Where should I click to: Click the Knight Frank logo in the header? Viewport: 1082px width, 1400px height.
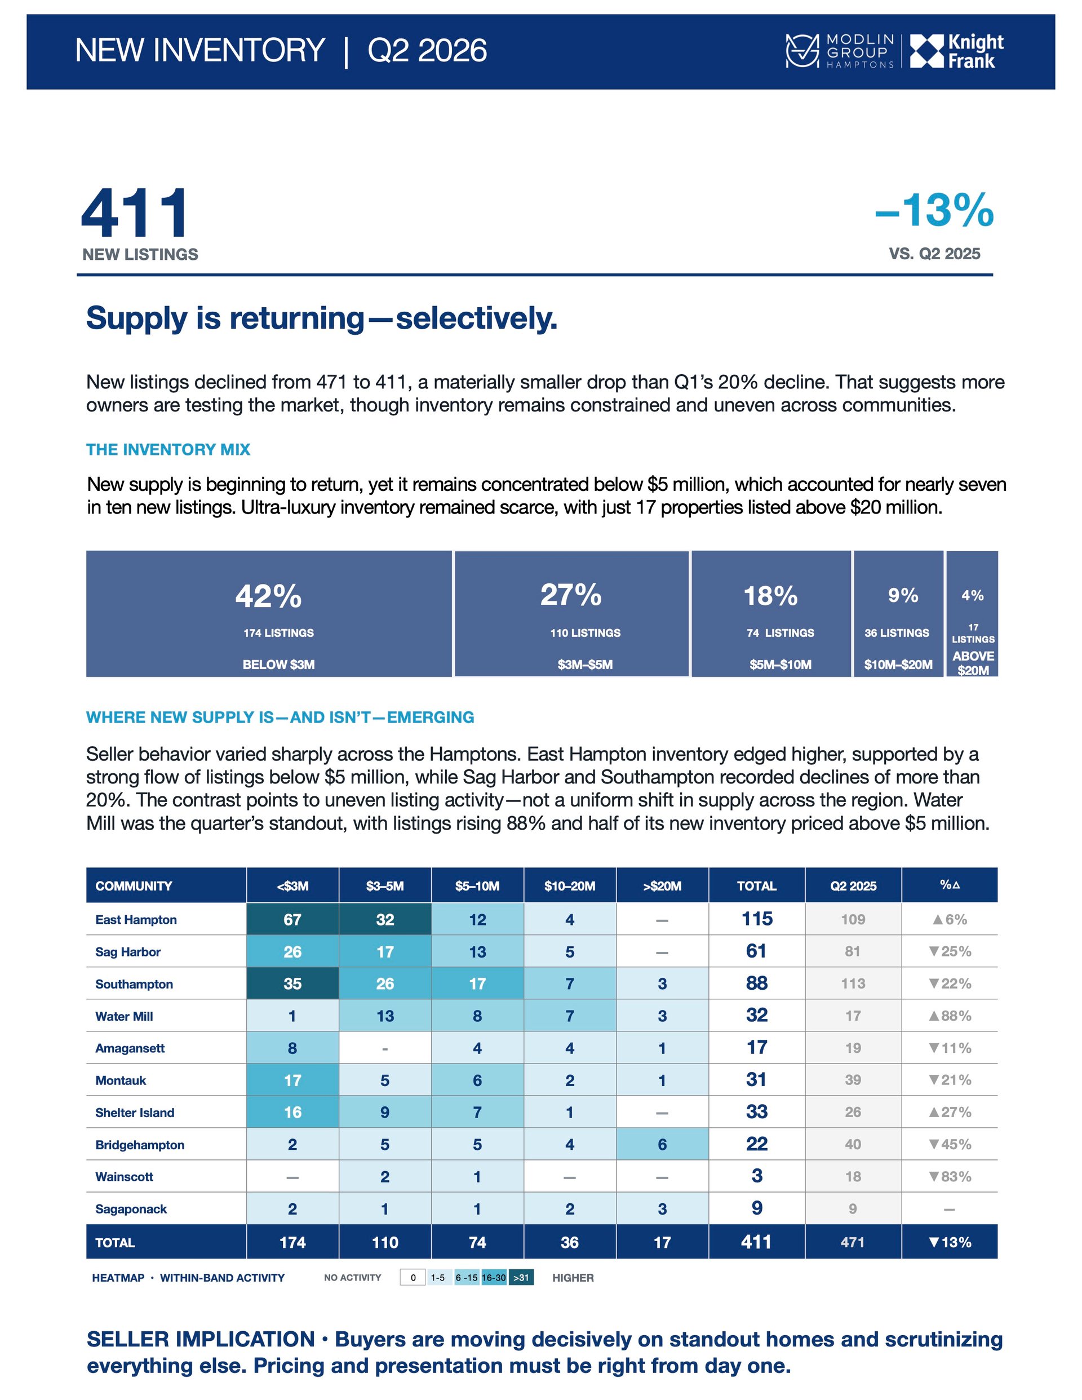click(x=956, y=51)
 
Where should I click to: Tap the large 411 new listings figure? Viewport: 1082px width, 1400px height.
click(x=135, y=214)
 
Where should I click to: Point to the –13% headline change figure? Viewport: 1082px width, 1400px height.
click(x=934, y=210)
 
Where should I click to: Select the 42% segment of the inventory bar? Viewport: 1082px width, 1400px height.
click(x=269, y=613)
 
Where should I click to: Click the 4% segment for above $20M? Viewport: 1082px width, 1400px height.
click(x=972, y=613)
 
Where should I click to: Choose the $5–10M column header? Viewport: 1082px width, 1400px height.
click(x=477, y=885)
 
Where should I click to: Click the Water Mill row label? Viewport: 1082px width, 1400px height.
click(x=125, y=1016)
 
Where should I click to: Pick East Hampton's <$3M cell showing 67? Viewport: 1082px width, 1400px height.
click(x=292, y=919)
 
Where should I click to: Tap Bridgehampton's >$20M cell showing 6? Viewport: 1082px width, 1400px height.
click(x=662, y=1144)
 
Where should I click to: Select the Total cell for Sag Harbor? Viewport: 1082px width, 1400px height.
click(x=756, y=951)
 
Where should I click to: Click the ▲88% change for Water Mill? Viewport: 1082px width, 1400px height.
click(x=950, y=1016)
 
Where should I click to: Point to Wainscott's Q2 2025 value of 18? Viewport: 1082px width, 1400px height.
click(x=853, y=1176)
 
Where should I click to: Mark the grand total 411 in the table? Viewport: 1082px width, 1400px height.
click(x=756, y=1242)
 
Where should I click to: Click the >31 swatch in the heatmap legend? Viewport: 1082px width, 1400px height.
click(x=521, y=1278)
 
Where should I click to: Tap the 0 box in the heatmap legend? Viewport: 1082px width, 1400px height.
click(x=413, y=1278)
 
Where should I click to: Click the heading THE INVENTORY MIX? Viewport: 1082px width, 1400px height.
click(x=168, y=449)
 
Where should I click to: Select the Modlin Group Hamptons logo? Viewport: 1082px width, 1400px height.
click(x=840, y=51)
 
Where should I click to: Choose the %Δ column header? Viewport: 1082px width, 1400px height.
click(x=950, y=885)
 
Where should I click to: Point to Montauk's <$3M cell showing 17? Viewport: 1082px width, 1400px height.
click(x=292, y=1080)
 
